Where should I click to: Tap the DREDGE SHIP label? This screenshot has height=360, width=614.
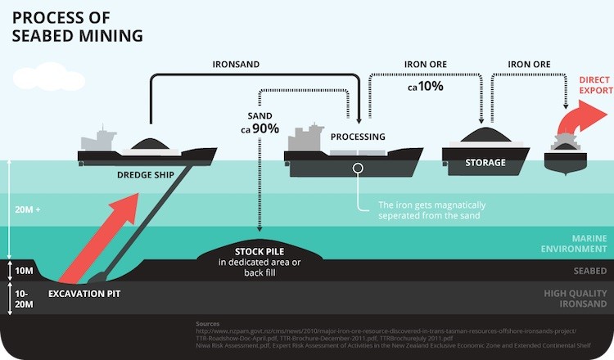coord(136,173)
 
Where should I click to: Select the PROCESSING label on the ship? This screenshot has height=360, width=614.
coord(358,137)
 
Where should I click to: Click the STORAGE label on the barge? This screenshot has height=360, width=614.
coord(485,163)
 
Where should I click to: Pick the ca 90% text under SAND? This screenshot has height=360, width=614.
coord(260,128)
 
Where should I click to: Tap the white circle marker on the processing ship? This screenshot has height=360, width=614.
coord(358,168)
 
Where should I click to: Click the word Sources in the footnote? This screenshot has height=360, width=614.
coord(207,323)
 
